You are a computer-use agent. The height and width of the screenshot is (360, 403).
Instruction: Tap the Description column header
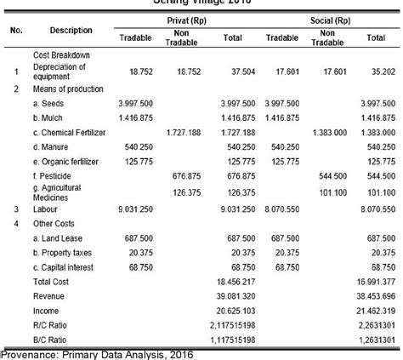(71, 31)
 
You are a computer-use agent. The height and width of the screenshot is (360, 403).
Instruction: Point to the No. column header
(16, 31)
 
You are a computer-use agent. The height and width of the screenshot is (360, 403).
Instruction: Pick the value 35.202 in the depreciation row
(373, 72)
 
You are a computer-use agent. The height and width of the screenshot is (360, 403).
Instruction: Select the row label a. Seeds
(49, 102)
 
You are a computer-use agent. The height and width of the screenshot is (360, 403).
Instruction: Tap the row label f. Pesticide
(54, 175)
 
